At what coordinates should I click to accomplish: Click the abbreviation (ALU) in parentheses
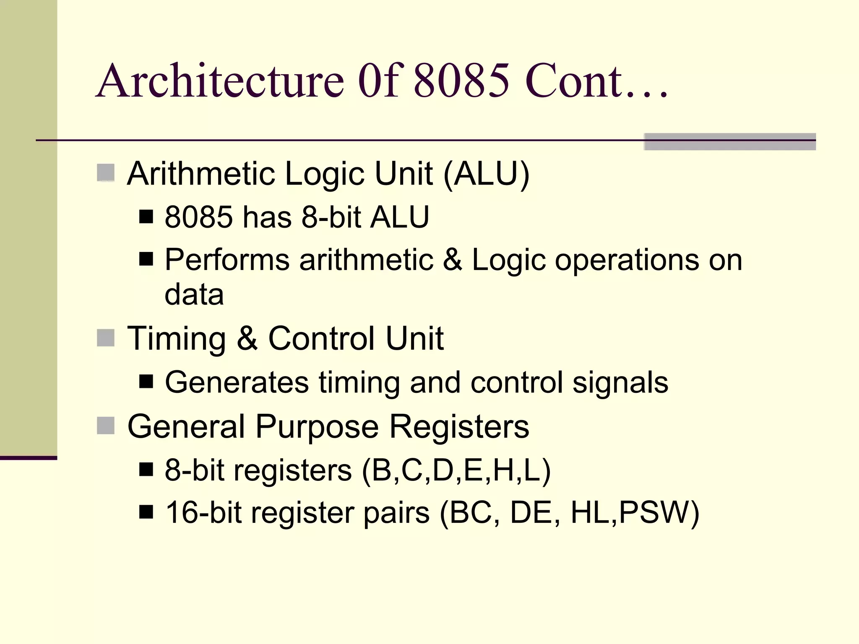pyautogui.click(x=486, y=174)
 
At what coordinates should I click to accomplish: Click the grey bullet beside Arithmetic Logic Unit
pyautogui.click(x=106, y=172)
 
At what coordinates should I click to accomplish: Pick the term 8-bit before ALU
pyautogui.click(x=331, y=217)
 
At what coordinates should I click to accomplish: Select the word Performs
pyautogui.click(x=227, y=260)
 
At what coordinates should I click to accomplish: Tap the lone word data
pyautogui.click(x=194, y=294)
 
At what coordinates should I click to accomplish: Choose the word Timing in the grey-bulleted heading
pyautogui.click(x=176, y=338)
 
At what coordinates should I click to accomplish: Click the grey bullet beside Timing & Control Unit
pyautogui.click(x=106, y=338)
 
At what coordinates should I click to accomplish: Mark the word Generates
pyautogui.click(x=237, y=382)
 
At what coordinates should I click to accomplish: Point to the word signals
pyautogui.click(x=620, y=382)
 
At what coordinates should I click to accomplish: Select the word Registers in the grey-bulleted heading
pyautogui.click(x=459, y=427)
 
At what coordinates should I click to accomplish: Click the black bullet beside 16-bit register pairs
pyautogui.click(x=146, y=512)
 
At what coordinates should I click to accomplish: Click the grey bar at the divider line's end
pyautogui.click(x=729, y=142)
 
